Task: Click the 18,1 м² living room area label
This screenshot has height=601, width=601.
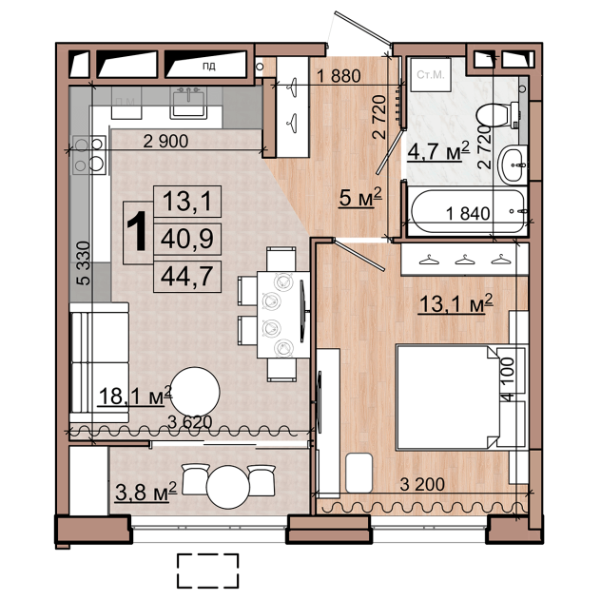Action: pos(135,396)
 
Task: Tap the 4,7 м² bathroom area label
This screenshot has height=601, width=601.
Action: pos(438,151)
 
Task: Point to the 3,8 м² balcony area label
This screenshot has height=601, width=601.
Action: pos(145,493)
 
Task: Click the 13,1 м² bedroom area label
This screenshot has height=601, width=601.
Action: pos(456,304)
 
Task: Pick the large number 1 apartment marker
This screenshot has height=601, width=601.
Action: pos(137,232)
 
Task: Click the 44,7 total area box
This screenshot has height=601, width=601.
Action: pos(187,277)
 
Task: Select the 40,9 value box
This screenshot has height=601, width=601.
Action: pos(187,240)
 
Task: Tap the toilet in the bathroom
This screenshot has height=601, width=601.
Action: pos(497,115)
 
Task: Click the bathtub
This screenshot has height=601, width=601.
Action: pos(468,211)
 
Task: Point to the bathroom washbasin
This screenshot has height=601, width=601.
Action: pos(513,165)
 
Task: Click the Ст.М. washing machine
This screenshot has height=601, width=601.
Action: pos(430,74)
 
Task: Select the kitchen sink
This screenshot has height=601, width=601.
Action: pos(188,102)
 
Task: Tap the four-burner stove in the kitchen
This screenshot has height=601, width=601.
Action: pos(89,155)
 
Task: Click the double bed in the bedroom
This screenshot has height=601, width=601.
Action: pos(449,397)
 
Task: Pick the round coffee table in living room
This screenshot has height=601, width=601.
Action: pos(195,392)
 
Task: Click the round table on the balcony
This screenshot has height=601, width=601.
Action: pos(228,487)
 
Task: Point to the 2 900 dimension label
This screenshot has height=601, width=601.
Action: pos(165,141)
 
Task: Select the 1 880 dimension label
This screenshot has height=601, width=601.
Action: pos(339,76)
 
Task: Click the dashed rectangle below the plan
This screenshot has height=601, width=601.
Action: pos(207,571)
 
